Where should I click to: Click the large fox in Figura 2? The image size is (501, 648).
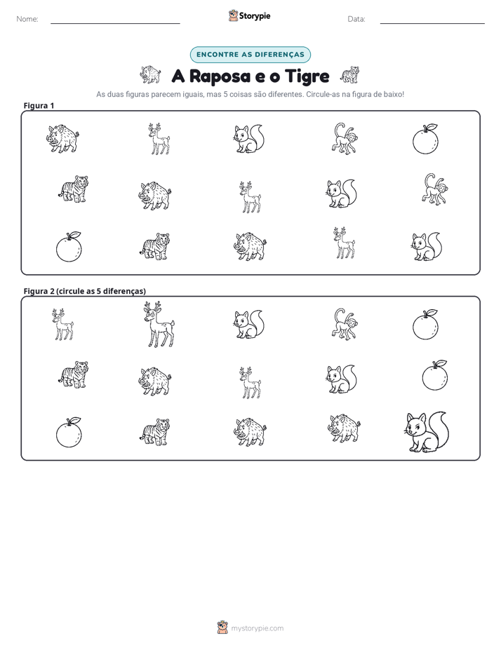pos(426,432)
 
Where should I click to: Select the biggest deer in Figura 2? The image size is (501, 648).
pos(159,325)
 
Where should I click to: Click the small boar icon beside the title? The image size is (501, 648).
pos(150,75)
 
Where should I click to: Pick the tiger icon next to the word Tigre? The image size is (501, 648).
pos(349,75)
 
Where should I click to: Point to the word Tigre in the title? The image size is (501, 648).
pos(307,77)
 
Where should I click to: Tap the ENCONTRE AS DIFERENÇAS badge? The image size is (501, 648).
pos(250,55)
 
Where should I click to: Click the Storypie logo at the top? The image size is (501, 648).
pos(250,15)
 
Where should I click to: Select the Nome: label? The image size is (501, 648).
pos(27,19)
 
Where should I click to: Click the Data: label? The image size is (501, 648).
pos(356,19)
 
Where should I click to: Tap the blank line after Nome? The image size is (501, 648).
pos(115,24)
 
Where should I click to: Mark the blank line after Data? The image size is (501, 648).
pos(432,24)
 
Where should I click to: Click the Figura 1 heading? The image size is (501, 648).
pos(39,105)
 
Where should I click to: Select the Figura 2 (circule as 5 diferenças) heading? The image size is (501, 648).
pos(85,291)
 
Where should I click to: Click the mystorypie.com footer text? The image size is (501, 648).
pos(257,628)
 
